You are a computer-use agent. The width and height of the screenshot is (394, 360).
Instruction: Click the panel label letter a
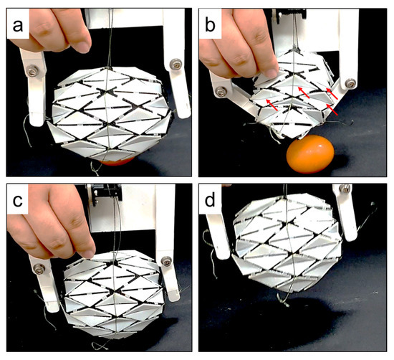(18, 27)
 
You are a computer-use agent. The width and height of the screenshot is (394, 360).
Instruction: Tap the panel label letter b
(211, 24)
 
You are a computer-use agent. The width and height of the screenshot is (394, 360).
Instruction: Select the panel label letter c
(18, 201)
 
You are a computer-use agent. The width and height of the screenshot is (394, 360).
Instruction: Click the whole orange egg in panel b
(310, 153)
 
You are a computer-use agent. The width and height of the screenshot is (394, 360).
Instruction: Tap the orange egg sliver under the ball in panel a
(115, 163)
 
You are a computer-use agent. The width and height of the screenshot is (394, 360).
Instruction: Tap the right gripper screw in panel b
(351, 82)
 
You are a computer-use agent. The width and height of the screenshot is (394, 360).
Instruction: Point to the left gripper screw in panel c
(39, 269)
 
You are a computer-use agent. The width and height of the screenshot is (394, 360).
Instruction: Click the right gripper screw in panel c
(166, 262)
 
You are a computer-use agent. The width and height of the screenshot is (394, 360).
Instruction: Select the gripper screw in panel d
(345, 189)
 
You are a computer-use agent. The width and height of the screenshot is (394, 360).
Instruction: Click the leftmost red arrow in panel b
(272, 105)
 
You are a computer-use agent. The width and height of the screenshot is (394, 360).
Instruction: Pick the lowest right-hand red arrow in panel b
(332, 110)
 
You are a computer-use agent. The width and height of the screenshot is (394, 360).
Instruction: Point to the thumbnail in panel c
(89, 254)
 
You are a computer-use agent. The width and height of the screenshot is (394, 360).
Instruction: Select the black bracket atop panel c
(105, 194)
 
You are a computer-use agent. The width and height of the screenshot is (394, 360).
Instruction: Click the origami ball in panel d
(288, 244)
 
